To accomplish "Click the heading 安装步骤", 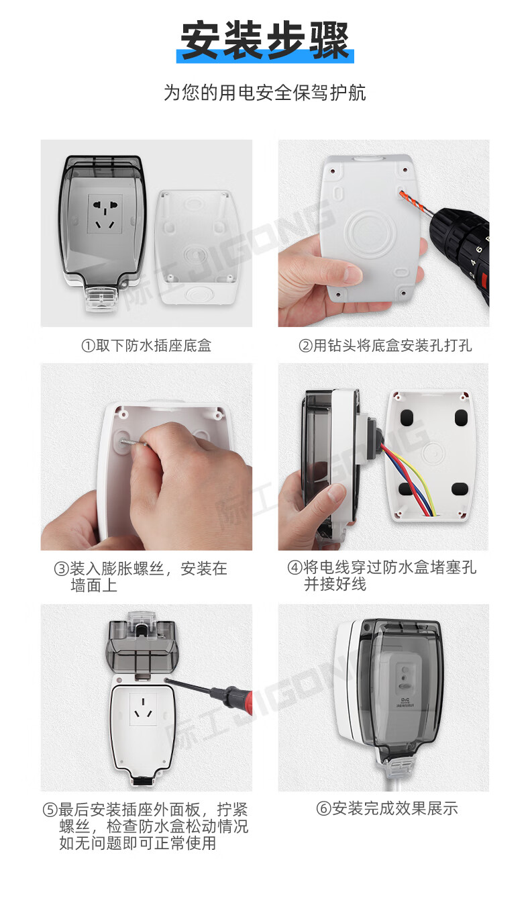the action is (265, 40).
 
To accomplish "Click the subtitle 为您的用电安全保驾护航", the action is (265, 93).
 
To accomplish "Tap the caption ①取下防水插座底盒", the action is (146, 346).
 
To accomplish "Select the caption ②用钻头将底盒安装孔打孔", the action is (385, 346).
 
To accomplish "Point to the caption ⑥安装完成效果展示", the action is (387, 808).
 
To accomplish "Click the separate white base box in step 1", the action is (199, 248).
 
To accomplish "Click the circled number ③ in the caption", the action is (61, 569).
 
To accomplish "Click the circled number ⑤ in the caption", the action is (50, 810).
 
